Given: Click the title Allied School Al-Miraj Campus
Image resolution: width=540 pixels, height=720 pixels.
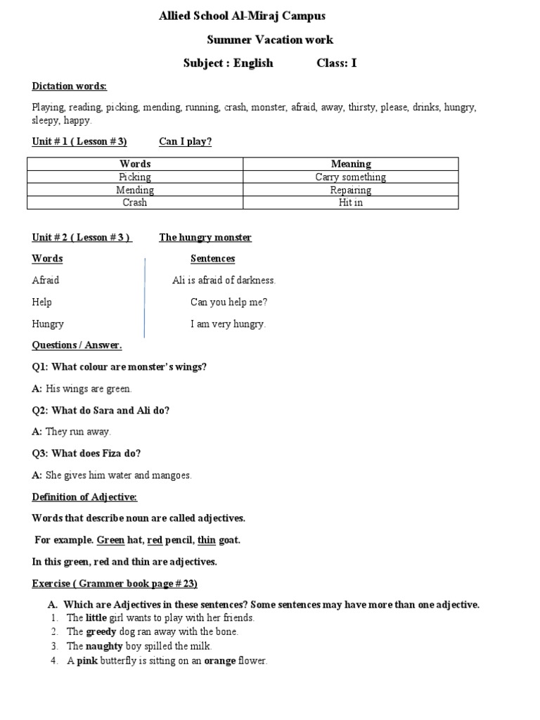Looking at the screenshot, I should [x=243, y=15].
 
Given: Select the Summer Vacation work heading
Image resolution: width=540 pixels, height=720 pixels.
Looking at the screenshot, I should [x=270, y=40].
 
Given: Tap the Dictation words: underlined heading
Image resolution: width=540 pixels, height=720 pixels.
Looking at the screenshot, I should [x=69, y=86].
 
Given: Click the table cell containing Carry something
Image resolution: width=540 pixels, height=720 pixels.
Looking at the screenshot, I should [x=350, y=177].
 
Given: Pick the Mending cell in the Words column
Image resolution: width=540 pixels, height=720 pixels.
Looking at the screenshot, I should [x=135, y=190].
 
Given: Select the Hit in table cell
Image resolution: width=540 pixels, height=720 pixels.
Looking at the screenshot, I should [x=350, y=202].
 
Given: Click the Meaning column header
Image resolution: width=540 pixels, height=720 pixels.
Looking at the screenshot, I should [x=350, y=164].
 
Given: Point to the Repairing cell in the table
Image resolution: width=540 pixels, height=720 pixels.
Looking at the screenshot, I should [x=350, y=190].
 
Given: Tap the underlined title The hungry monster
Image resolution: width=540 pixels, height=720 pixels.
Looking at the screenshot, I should [x=205, y=238].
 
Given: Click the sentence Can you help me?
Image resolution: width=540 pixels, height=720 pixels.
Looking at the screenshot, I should [x=229, y=302].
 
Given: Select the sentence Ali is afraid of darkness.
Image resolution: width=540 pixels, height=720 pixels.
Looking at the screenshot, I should [x=224, y=281].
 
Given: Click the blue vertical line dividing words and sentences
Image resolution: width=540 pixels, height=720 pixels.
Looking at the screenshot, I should [x=145, y=297].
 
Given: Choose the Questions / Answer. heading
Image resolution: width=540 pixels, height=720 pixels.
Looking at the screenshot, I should [x=77, y=345].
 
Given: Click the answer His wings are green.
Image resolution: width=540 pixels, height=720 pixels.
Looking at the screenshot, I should [x=89, y=389].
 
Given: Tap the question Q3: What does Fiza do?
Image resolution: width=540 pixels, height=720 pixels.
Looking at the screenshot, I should [x=91, y=454].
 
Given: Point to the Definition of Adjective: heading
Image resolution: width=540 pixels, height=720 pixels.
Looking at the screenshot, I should [x=84, y=497].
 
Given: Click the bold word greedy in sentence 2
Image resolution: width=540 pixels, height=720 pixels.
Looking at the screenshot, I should [x=102, y=631].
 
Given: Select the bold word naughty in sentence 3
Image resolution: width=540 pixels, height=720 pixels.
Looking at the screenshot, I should [x=104, y=646].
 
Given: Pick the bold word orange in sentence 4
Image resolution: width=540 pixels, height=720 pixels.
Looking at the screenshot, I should [x=219, y=661].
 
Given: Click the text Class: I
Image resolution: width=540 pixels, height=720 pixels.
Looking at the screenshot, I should [x=337, y=63].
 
